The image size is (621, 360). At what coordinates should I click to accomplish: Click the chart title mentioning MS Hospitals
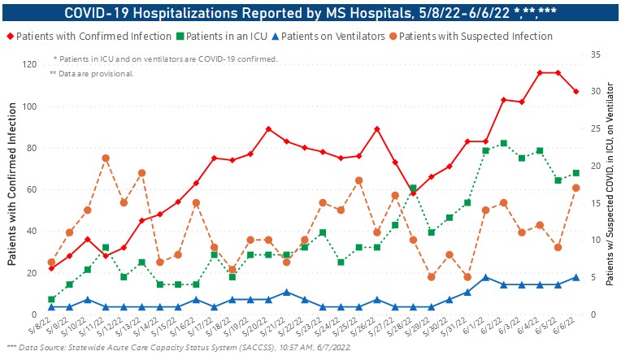[x=310, y=12]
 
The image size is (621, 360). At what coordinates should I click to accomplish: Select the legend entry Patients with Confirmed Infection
[x=93, y=37]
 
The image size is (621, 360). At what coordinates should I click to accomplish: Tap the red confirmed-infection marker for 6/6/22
[x=575, y=91]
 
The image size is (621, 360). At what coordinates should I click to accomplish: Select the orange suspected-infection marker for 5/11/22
[x=106, y=158]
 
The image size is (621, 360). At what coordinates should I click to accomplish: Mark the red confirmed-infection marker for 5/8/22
[x=51, y=267]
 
